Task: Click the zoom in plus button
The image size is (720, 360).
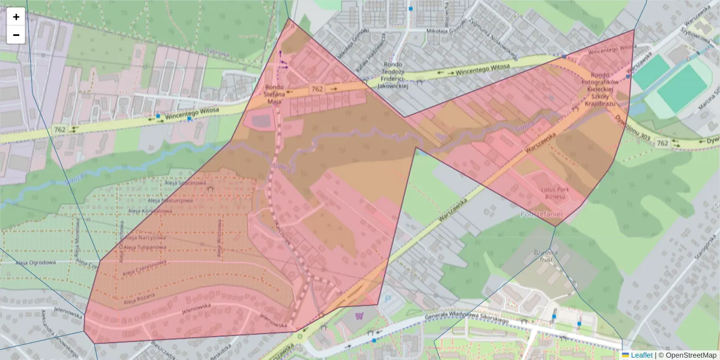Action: [x=16, y=17]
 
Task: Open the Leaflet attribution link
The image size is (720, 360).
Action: [x=641, y=355]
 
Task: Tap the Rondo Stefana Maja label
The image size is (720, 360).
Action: [x=274, y=94]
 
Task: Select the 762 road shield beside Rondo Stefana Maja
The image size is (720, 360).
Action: [x=317, y=89]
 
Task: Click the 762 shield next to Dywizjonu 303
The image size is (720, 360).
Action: [x=662, y=143]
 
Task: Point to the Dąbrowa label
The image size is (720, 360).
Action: [x=217, y=52]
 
